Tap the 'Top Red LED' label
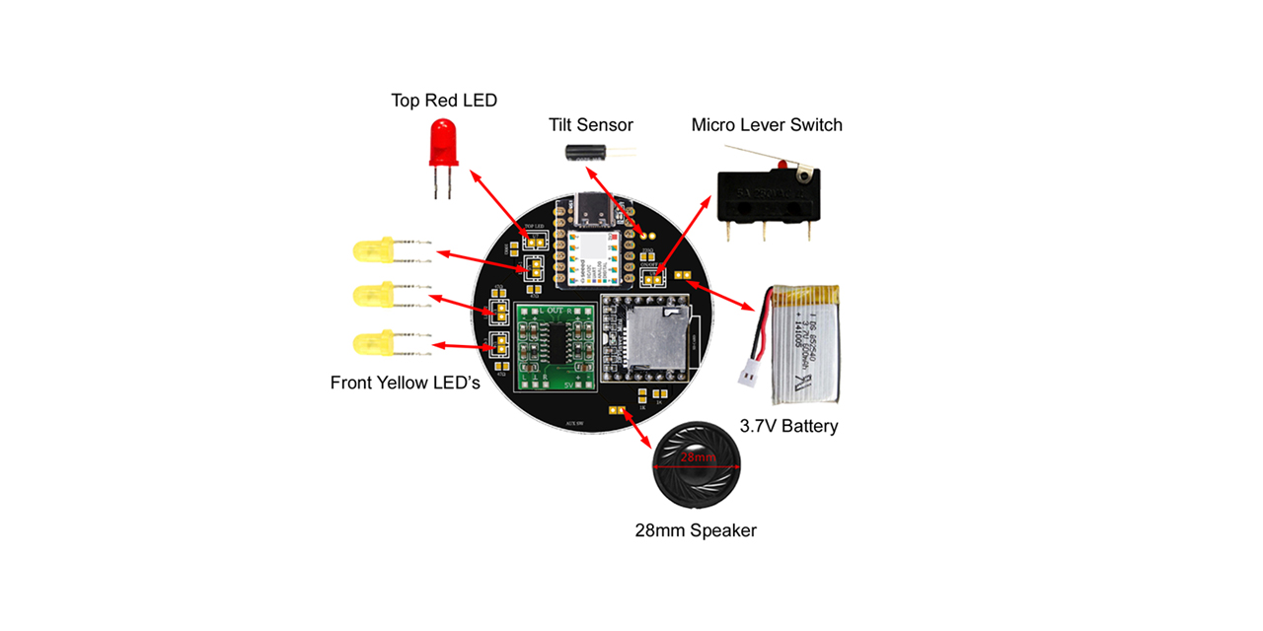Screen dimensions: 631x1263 pos(444,101)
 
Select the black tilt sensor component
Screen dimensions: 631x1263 pos(584,152)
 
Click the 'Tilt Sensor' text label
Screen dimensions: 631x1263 pos(591,125)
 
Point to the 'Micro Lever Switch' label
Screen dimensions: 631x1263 pos(767,125)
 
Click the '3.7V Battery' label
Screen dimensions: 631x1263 pos(788,426)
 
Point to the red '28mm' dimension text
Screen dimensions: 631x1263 pos(697,458)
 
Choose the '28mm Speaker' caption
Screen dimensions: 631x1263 pos(696,530)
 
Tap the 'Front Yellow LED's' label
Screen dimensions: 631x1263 pos(405,383)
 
